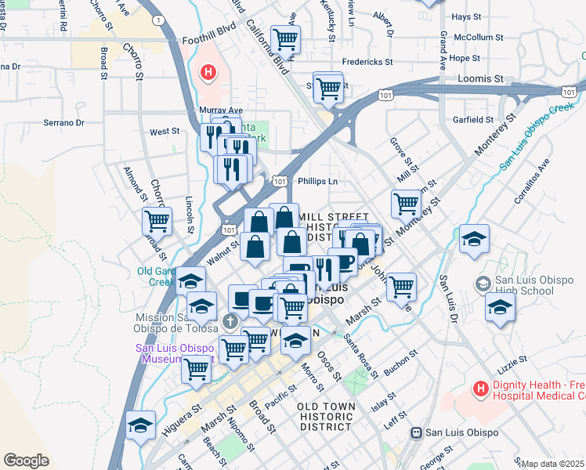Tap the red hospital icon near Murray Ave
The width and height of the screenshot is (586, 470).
click(208, 74)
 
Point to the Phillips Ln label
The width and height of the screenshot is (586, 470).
click(317, 181)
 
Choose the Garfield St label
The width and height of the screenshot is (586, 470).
click(472, 120)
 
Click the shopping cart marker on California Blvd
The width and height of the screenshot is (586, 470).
click(286, 38)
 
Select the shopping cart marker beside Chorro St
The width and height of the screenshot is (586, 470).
click(157, 222)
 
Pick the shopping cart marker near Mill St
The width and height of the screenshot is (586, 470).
click(406, 204)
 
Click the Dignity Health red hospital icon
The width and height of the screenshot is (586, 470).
click(479, 388)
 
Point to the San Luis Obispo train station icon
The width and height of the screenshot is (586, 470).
click(418, 432)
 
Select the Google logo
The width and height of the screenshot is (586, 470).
click(26, 461)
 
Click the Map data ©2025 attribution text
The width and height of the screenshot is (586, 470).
click(552, 464)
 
